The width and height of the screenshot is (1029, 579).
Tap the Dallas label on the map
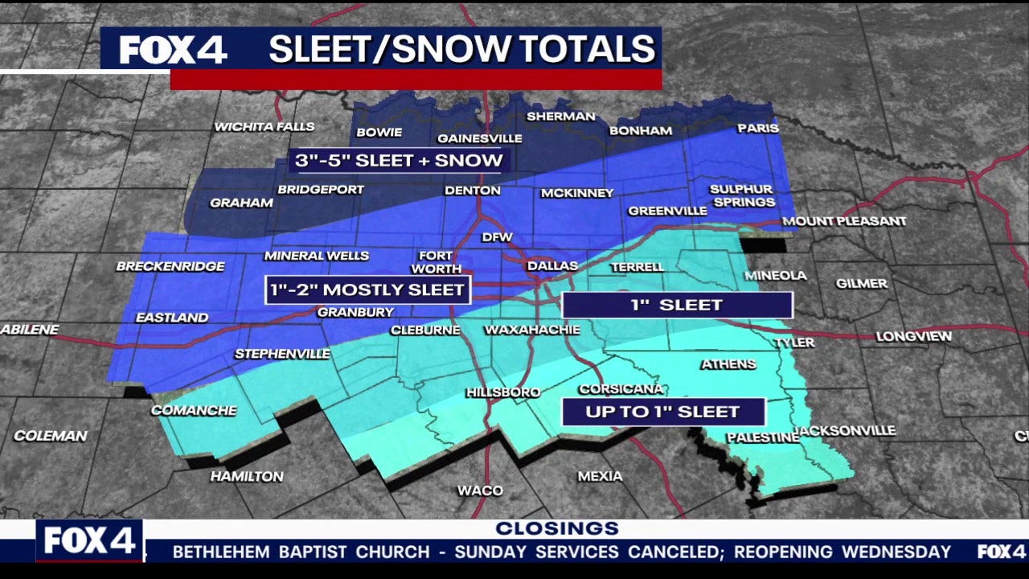(x=552, y=266)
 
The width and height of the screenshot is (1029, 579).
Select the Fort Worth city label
(x=437, y=263)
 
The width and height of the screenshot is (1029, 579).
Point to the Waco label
(x=480, y=491)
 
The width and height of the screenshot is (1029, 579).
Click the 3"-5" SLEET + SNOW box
(x=400, y=161)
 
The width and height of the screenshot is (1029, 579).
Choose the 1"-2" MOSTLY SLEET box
(x=367, y=289)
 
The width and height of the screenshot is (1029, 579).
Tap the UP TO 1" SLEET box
(x=663, y=412)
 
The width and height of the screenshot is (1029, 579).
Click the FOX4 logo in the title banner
(x=173, y=50)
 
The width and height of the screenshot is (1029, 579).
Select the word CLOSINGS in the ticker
(x=556, y=528)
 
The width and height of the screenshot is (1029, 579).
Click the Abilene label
(x=30, y=330)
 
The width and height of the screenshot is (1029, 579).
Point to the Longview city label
(x=913, y=337)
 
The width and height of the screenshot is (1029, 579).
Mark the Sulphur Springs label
(x=742, y=195)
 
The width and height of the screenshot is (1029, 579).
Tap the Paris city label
(x=758, y=129)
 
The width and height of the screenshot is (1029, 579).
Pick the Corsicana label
(x=621, y=389)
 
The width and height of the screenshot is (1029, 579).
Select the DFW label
(x=496, y=238)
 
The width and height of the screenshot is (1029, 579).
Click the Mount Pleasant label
(x=843, y=221)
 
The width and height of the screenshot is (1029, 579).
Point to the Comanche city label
(x=194, y=411)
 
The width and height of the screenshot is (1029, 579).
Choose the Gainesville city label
(x=479, y=138)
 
